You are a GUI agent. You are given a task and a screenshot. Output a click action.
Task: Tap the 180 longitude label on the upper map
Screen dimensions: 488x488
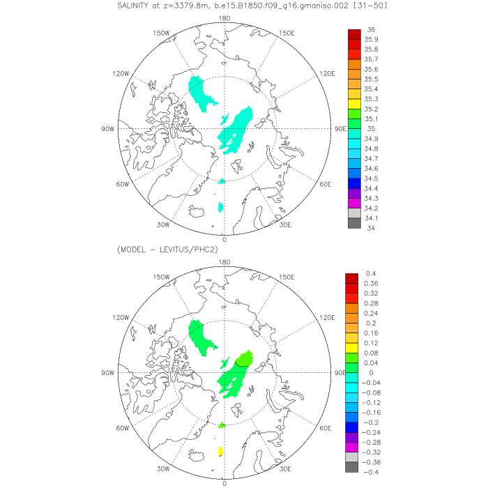pyautogui.click(x=224, y=18)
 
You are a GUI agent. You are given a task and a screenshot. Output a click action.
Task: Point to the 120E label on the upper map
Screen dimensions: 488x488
pyautogui.click(x=328, y=73)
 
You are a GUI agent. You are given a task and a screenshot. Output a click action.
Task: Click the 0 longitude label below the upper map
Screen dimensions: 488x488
pyautogui.click(x=224, y=239)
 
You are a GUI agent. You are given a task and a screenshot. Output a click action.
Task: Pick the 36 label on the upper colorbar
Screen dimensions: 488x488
pyautogui.click(x=371, y=30)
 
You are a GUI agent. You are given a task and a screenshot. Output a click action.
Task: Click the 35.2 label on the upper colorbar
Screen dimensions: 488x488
pyautogui.click(x=372, y=109)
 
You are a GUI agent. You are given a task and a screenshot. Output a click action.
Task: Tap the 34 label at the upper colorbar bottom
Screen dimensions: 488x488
pyautogui.click(x=371, y=227)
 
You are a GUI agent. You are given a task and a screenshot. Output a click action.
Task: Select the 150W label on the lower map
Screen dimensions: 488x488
pyautogui.click(x=162, y=277)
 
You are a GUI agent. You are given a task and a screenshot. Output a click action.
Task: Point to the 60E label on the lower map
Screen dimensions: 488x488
pyautogui.click(x=325, y=428)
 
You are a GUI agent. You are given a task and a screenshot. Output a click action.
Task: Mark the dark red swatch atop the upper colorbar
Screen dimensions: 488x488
pyautogui.click(x=354, y=34)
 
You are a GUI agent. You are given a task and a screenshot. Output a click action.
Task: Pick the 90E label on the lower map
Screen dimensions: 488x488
pyautogui.click(x=341, y=372)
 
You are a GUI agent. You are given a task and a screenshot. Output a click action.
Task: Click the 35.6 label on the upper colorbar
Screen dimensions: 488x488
pyautogui.click(x=372, y=69)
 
